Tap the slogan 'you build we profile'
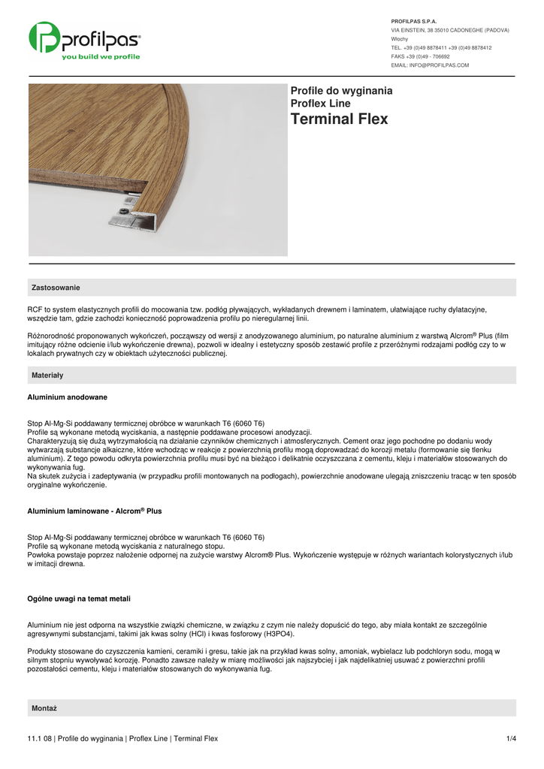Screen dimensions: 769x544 click(101, 56)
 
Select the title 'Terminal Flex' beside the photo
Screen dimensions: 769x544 click(339, 119)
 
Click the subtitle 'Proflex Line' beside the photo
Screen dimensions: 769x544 click(320, 103)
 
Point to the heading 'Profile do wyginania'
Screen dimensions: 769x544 click(341, 90)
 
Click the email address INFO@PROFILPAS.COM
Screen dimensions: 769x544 click(430, 65)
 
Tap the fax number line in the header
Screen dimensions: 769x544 click(420, 56)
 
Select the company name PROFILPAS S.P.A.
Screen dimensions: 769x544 click(414, 21)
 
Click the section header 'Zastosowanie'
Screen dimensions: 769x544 click(56, 288)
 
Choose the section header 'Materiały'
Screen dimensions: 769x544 click(47, 375)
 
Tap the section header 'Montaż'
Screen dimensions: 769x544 click(44, 708)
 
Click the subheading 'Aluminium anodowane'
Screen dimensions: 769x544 click(67, 397)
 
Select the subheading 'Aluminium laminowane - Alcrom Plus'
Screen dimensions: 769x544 click(95, 511)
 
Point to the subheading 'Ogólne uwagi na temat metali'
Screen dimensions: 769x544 click(79, 599)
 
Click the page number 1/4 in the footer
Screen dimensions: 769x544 click(511, 738)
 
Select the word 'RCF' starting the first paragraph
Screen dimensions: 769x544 click(35, 309)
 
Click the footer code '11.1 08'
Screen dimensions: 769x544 click(39, 738)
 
